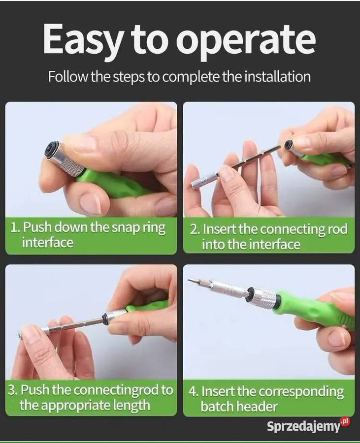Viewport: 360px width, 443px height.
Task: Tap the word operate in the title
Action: [x=246, y=42]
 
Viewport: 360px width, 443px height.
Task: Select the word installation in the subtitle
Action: [x=277, y=76]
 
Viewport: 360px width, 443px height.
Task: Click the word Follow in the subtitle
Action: [x=68, y=76]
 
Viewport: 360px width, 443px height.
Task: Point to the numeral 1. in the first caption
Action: [x=16, y=227]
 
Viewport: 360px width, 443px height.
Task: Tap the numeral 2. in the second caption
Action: [x=195, y=229]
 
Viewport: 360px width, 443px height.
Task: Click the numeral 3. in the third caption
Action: [x=13, y=390]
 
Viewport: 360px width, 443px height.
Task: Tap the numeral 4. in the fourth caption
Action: [x=194, y=392]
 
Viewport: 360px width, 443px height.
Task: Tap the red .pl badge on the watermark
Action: [x=345, y=421]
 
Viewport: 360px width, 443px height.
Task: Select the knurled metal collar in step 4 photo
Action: [x=264, y=299]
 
